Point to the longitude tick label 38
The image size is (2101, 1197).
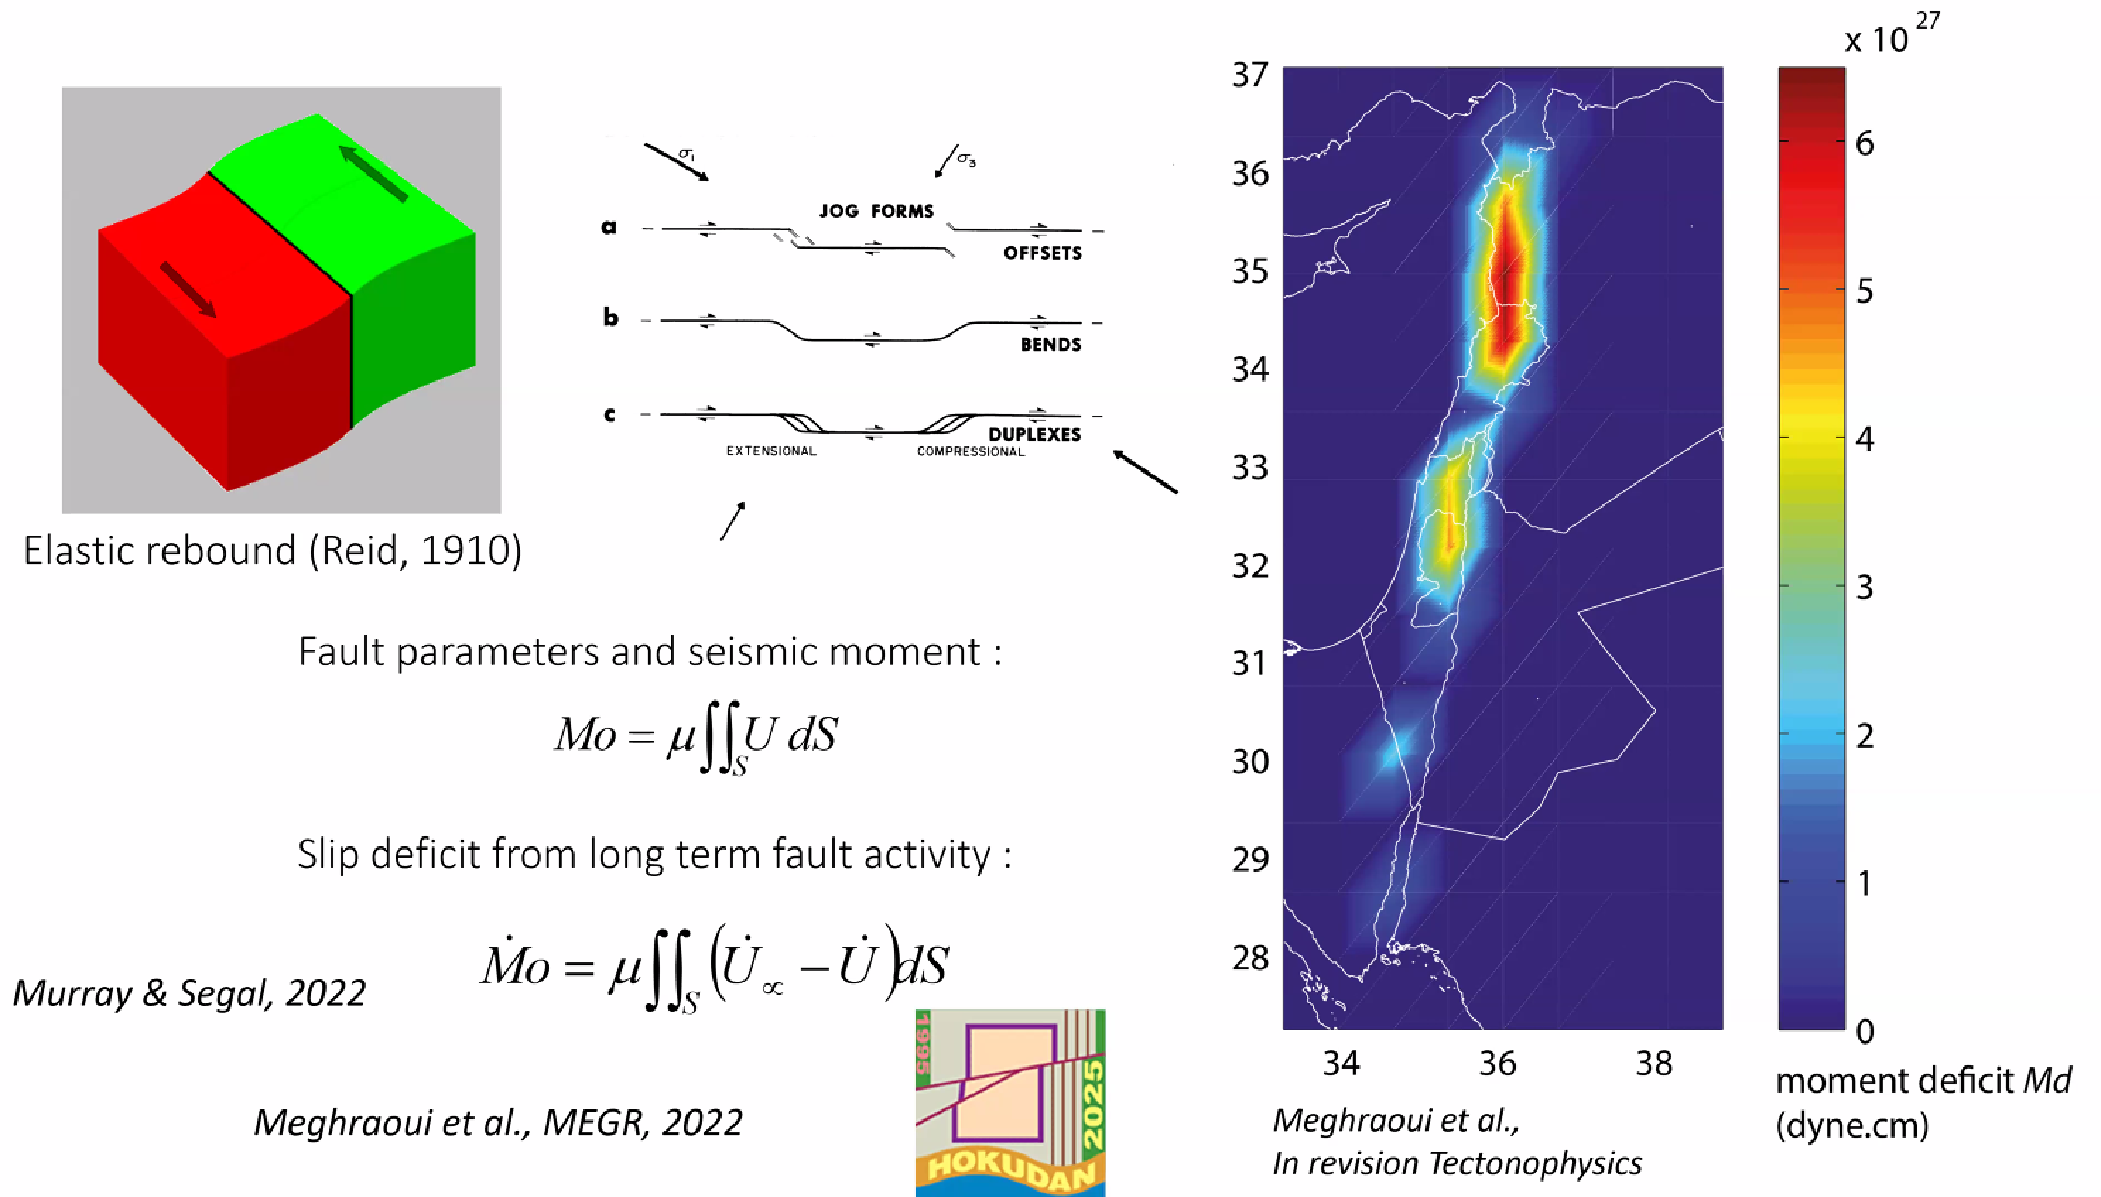point(1653,1063)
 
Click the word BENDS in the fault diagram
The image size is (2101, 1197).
point(1050,344)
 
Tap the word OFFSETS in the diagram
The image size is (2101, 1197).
point(1042,253)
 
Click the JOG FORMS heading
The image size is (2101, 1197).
point(876,211)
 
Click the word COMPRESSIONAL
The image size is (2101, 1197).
point(970,451)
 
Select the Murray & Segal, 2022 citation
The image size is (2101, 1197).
point(189,993)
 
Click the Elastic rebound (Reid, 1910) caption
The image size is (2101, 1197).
point(272,550)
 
